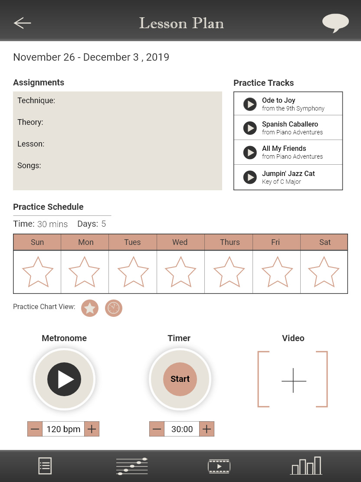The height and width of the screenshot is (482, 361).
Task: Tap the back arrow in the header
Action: tap(23, 23)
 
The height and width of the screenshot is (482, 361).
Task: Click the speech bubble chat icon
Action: tap(335, 23)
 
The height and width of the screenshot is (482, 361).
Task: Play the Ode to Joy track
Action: tap(250, 104)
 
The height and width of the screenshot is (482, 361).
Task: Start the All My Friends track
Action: tap(250, 152)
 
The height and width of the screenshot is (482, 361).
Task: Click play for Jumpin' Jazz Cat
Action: tap(250, 177)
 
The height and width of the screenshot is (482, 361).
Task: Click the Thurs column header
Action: tap(230, 242)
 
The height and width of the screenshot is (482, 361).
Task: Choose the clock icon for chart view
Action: tap(114, 308)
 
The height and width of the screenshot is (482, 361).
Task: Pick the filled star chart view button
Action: tap(90, 308)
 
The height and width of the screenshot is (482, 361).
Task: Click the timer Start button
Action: tap(180, 379)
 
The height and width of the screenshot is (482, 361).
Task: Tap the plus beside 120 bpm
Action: tap(92, 429)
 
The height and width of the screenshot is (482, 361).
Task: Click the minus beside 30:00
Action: tap(157, 429)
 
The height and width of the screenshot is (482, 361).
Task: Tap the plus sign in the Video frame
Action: tap(294, 381)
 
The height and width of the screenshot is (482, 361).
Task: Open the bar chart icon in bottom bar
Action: tap(306, 466)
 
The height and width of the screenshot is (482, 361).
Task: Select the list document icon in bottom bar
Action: tap(45, 466)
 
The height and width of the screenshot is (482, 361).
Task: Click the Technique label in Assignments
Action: tap(36, 101)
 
